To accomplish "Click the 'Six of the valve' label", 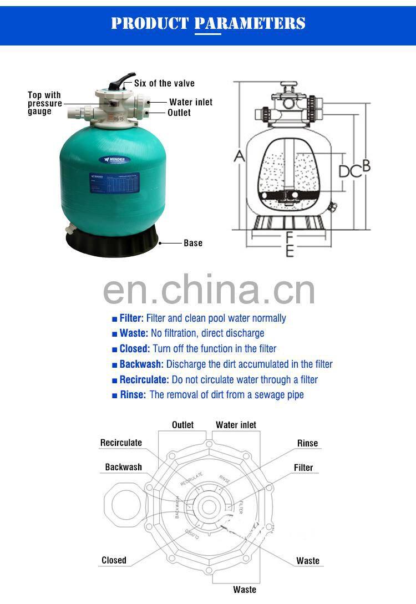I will (164, 83).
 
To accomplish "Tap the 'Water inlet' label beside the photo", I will (191, 102).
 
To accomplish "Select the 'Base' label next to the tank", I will (193, 243).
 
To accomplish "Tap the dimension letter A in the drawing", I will (239, 156).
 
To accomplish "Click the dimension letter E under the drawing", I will (289, 251).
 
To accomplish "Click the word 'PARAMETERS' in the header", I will (250, 23).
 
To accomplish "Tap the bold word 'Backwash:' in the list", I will (141, 364).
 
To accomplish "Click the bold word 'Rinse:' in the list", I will (133, 395).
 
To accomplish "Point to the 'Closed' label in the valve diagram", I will (114, 560).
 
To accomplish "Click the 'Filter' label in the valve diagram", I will (303, 468).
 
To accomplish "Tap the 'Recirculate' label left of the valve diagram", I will (121, 443).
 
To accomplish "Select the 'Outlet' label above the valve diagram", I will (182, 425).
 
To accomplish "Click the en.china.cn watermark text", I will (209, 290).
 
